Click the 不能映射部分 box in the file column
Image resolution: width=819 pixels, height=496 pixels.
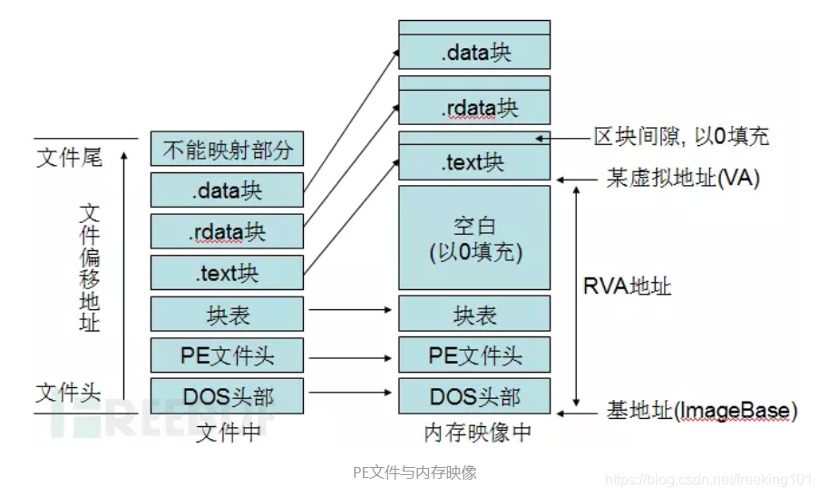point(227,150)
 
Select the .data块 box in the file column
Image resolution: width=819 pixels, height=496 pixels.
point(227,190)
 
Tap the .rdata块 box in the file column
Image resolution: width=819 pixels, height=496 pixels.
point(227,230)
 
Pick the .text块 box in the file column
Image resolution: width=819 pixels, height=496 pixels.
point(227,271)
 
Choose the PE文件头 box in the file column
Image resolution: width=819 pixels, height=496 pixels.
point(227,355)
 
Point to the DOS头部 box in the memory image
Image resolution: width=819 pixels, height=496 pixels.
point(474,396)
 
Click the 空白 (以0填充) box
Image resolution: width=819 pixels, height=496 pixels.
point(474,238)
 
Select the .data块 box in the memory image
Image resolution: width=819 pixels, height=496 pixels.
point(474,52)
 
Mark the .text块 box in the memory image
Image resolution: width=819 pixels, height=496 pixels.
point(474,163)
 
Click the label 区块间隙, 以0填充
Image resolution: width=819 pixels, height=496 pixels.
point(681,137)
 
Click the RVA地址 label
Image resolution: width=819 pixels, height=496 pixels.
point(627,287)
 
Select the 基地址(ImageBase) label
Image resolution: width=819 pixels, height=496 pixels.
point(701,411)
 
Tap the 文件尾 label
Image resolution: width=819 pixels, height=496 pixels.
point(69,158)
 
